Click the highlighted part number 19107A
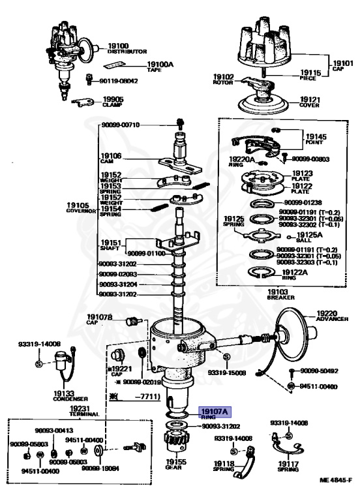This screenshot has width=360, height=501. point(215,412)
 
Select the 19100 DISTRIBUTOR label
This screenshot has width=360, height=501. point(127,48)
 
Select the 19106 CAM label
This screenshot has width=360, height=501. point(111,158)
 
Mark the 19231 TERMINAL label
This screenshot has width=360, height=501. point(84,412)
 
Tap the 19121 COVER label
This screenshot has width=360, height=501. point(310,101)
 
